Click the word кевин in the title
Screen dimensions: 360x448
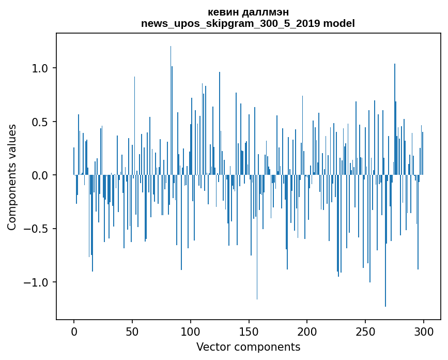tap(222, 12)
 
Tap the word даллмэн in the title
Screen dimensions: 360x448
tap(267, 12)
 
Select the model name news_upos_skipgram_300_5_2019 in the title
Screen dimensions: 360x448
tap(234, 23)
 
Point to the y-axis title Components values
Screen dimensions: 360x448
tap(12, 177)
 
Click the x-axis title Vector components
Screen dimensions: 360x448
tap(248, 347)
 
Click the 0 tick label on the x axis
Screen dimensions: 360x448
tap(74, 332)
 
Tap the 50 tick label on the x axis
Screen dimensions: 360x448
tap(132, 332)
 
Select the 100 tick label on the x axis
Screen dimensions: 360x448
tap(191, 332)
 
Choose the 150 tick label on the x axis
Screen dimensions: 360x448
tap(249, 332)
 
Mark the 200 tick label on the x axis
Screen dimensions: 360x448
tap(307, 332)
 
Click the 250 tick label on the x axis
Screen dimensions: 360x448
tap(365, 332)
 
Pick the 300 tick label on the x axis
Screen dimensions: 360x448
tap(424, 332)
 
